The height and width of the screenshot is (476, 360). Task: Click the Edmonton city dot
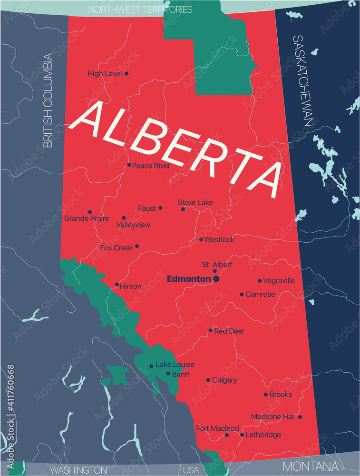(x=216, y=279)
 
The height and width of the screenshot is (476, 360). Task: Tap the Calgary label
(x=224, y=380)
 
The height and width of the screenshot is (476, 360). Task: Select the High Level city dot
(x=126, y=73)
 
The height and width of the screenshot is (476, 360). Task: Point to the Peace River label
(x=151, y=166)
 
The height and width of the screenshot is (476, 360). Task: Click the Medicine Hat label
(x=272, y=416)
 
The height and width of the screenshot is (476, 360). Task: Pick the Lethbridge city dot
(x=242, y=435)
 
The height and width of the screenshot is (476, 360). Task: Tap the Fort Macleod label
(x=217, y=428)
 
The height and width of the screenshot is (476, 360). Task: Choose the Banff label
(x=181, y=375)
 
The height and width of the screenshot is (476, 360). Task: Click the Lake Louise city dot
(x=151, y=366)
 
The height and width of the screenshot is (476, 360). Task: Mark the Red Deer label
(x=229, y=331)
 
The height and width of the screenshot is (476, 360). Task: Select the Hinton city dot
(x=117, y=285)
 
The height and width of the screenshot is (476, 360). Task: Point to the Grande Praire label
(x=87, y=218)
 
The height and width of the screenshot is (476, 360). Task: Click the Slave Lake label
(x=195, y=202)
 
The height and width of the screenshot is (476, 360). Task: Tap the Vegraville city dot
(x=260, y=281)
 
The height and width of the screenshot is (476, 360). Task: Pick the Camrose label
(x=260, y=295)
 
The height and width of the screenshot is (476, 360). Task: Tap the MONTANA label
(x=311, y=466)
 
